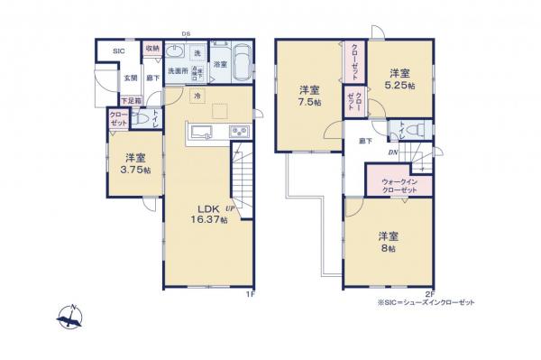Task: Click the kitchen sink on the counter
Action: coord(200,136)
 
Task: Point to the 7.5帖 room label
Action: coord(308,96)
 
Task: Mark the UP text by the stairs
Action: coord(233,209)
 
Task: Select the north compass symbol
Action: coord(69,315)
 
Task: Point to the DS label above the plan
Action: coord(185,34)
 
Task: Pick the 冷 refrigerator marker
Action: coord(197,95)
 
